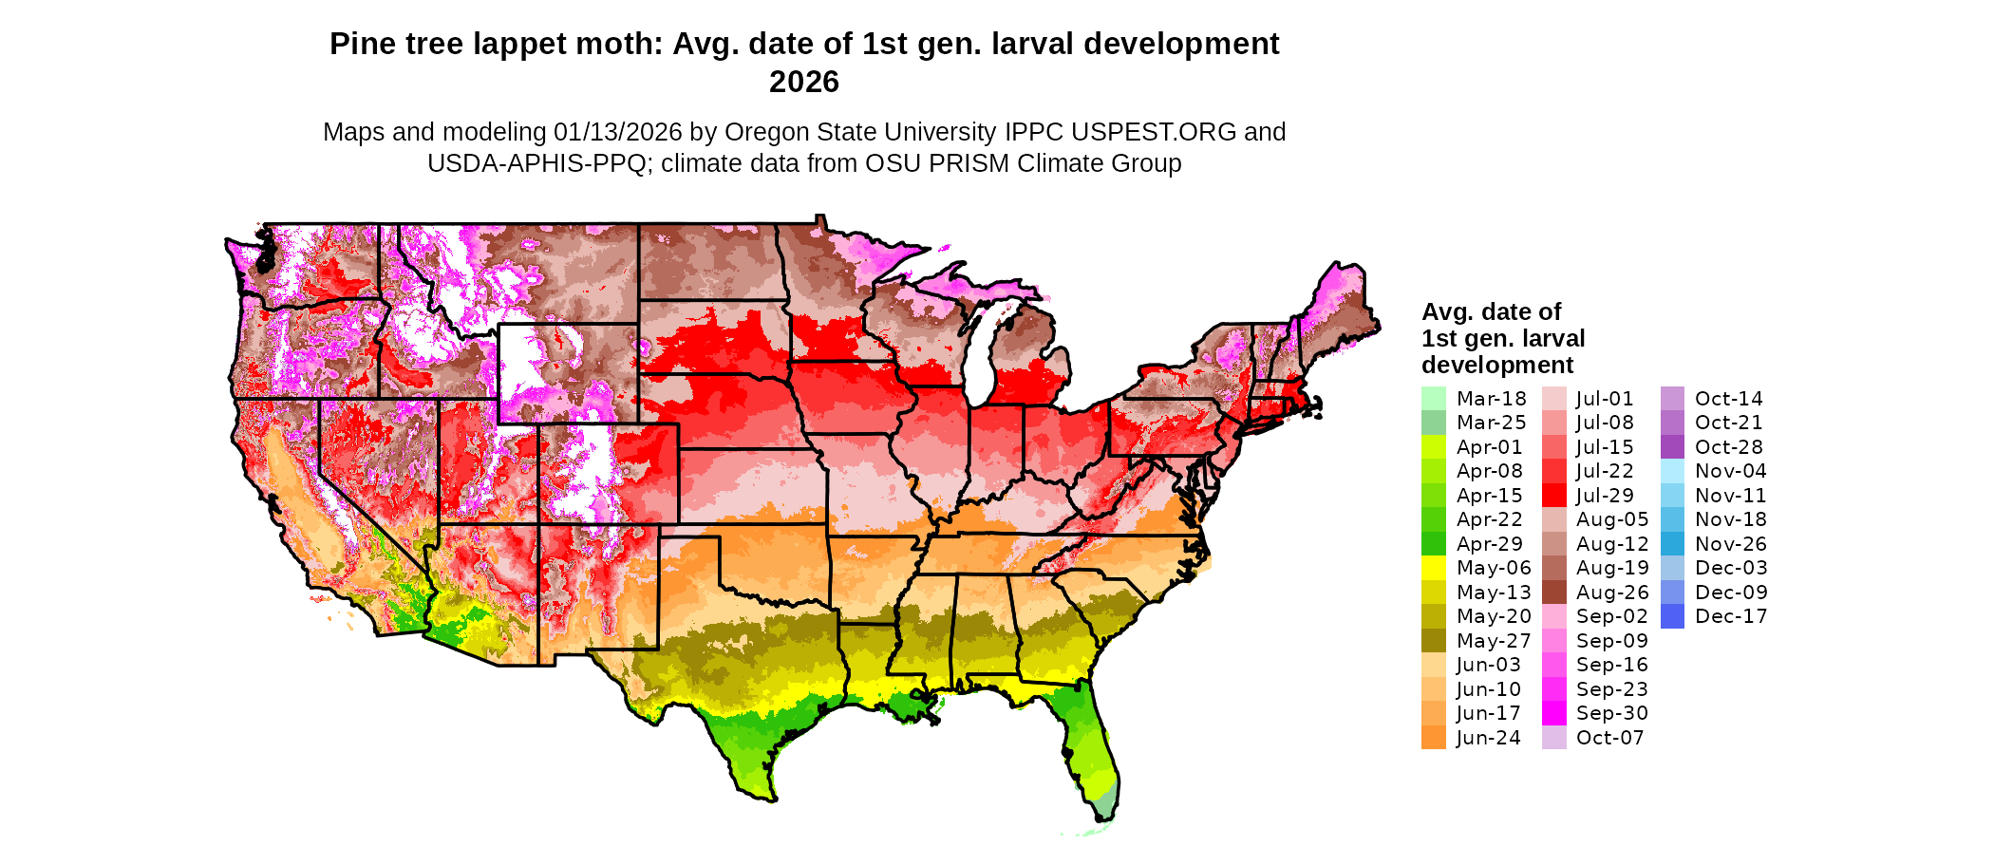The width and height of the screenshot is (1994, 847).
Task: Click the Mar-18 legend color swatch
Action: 1433,399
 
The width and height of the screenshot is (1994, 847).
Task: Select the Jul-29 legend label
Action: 1605,496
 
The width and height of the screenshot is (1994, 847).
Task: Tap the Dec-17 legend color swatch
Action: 1672,616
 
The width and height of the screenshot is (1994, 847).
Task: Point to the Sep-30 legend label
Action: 1611,713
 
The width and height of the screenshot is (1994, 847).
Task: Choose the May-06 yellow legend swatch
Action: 1433,568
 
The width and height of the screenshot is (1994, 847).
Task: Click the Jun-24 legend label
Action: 1488,738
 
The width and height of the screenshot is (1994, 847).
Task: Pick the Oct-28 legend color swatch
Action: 1672,447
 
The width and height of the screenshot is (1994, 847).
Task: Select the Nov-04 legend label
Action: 1730,471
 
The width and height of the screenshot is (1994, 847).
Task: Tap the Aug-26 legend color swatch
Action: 1553,593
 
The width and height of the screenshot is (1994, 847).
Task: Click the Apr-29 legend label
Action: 1489,544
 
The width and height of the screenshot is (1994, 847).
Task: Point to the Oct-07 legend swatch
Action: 1553,738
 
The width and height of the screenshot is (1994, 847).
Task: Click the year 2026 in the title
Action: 804,83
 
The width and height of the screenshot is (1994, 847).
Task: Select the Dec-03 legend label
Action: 1731,568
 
